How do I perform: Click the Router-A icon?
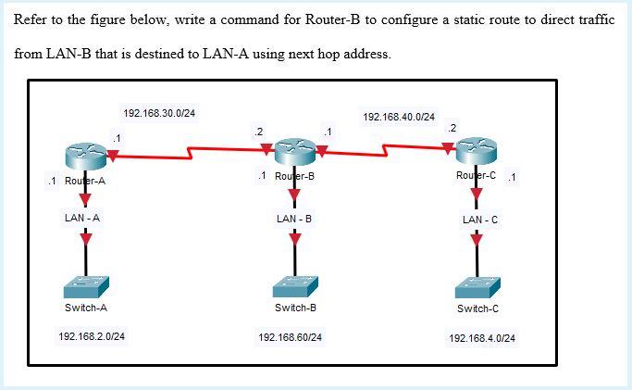pos(85,153)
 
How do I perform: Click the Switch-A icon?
pos(85,284)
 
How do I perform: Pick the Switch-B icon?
pos(295,284)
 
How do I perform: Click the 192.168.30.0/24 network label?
pos(165,112)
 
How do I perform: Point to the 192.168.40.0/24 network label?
pos(399,118)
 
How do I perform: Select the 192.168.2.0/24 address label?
pos(92,336)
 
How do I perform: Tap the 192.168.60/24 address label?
pos(290,337)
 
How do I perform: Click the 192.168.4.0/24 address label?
pos(482,338)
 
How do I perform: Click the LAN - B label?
pos(294,219)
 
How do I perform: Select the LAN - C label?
pos(480,220)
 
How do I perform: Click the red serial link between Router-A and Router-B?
pos(190,152)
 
